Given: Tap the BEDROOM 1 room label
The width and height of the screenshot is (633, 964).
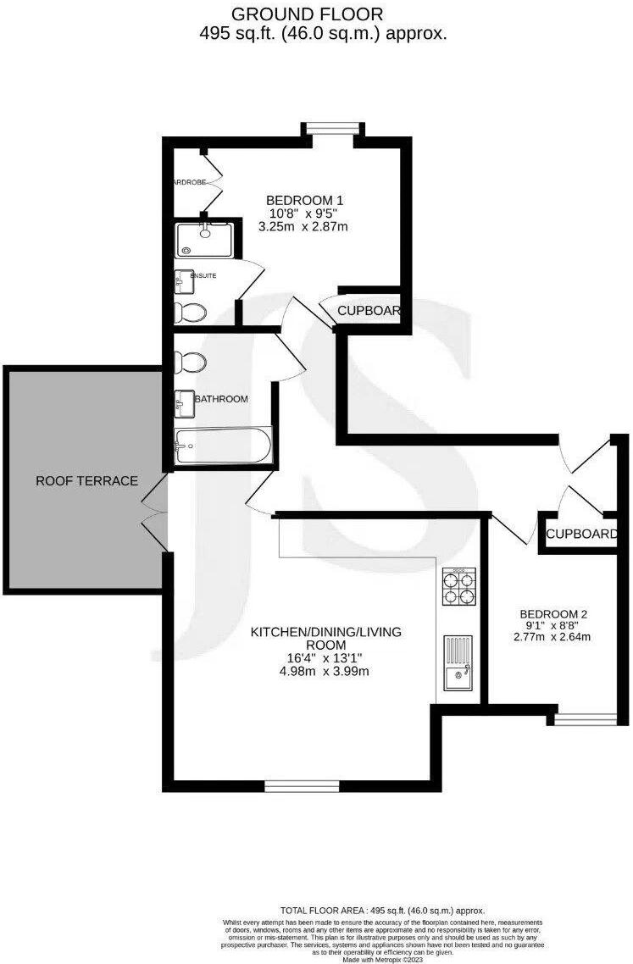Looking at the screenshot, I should click(306, 200).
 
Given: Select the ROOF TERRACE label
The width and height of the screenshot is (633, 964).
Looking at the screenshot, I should click(86, 481).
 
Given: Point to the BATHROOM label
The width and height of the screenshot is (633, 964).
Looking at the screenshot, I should click(222, 399).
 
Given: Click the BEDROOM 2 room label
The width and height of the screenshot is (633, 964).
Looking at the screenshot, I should click(553, 615).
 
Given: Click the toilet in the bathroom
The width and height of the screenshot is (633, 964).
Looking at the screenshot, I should click(189, 363).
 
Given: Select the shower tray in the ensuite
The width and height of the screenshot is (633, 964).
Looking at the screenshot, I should click(203, 240).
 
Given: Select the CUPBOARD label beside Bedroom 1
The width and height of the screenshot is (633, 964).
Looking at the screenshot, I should click(369, 311).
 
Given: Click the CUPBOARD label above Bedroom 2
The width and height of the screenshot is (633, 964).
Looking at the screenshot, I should click(580, 535).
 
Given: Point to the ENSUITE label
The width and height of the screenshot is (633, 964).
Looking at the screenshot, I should click(203, 276).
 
